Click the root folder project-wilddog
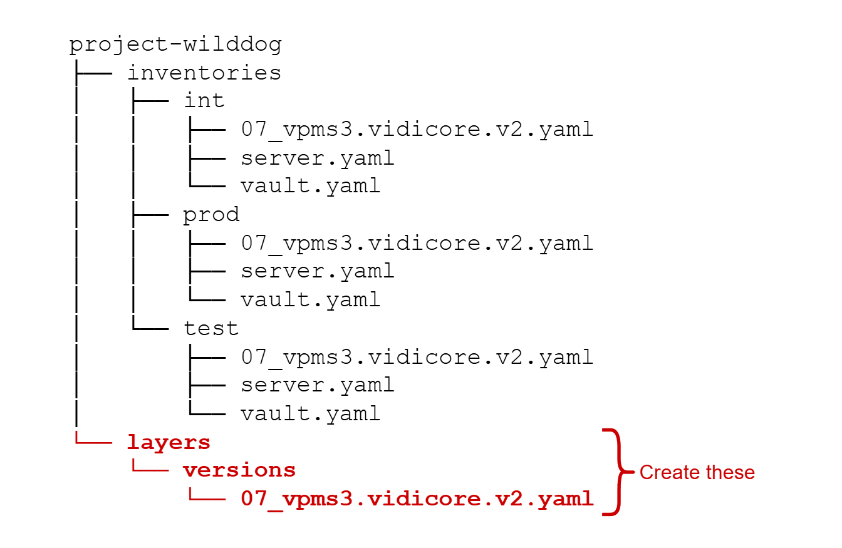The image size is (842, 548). coord(175,45)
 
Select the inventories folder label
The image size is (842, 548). coord(204,73)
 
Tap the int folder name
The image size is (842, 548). coord(204,101)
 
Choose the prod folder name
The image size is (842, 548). coord(211,215)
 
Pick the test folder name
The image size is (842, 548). coord(211,328)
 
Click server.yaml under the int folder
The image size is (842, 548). coord(318,158)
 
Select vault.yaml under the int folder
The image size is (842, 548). coord(310,186)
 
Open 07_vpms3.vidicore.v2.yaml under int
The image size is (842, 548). coord(417,130)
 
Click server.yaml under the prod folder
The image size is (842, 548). coord(318,271)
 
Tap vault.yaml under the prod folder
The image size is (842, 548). coord(310,299)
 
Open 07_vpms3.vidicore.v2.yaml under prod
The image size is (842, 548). coord(417,243)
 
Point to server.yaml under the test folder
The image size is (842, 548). coord(318,385)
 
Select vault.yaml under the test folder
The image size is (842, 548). coord(310,413)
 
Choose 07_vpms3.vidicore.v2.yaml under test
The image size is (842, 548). coord(417,357)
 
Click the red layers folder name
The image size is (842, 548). coord(169,442)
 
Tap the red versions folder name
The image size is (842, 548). coord(239,470)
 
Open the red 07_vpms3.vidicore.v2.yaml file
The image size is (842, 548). coord(417,499)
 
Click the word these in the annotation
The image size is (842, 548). coord(727,472)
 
